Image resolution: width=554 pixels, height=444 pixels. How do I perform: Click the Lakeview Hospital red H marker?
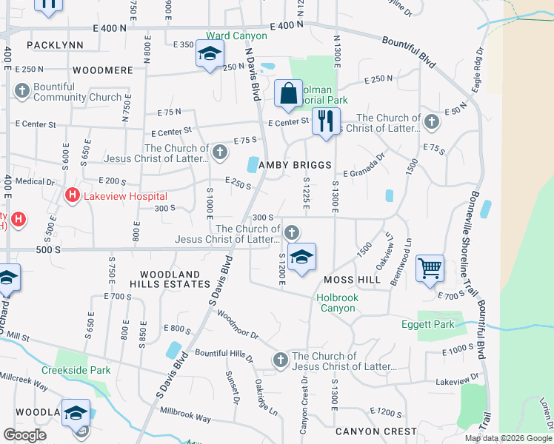(72, 195)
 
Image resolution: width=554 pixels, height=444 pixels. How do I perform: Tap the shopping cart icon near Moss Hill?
(430, 269)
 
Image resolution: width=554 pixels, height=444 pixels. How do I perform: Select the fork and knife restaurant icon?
(325, 121)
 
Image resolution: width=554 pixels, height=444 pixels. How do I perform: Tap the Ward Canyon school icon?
(210, 55)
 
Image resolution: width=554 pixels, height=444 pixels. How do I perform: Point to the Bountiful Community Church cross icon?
(21, 92)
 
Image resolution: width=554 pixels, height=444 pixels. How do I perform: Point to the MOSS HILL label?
(352, 280)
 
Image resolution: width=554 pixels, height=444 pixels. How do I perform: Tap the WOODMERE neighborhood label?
(103, 70)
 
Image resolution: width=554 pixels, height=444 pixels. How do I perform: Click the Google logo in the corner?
(24, 434)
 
